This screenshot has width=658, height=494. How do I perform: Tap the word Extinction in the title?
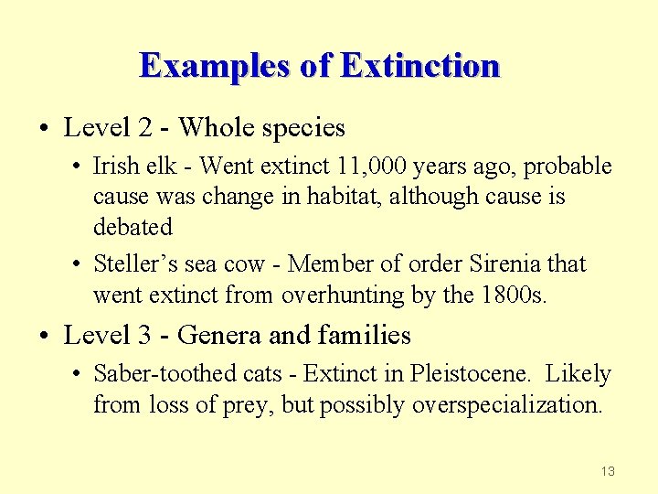pyautogui.click(x=419, y=66)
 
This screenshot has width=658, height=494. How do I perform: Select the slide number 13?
pyautogui.click(x=608, y=471)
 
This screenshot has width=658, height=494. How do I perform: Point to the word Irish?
pyautogui.click(x=117, y=166)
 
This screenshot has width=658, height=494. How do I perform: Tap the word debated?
pyautogui.click(x=133, y=226)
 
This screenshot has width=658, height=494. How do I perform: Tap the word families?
pyautogui.click(x=365, y=335)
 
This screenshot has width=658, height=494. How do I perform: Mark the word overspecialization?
pyautogui.click(x=507, y=404)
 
